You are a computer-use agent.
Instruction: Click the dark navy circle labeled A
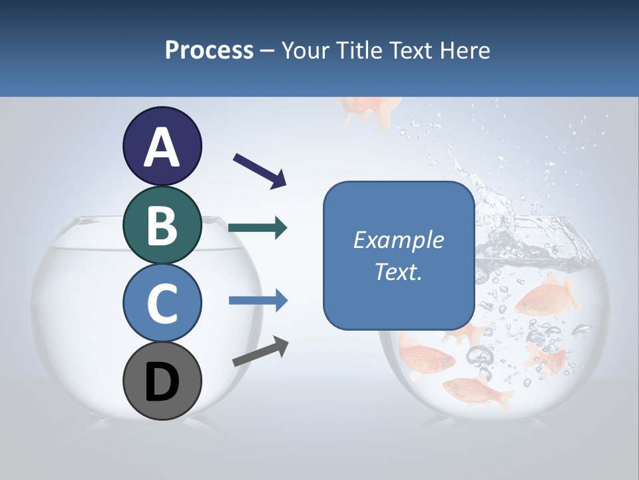[162, 146]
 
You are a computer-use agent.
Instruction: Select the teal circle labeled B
[162, 225]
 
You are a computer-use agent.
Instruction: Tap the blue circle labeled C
[162, 303]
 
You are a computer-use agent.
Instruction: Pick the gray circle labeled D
[162, 381]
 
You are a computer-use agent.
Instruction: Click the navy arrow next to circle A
[260, 171]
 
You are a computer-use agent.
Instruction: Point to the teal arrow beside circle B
[258, 229]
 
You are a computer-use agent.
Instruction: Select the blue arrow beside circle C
[258, 301]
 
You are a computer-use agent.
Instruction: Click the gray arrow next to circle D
[260, 351]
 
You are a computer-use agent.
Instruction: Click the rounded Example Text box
[398, 255]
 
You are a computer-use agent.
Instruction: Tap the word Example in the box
[398, 240]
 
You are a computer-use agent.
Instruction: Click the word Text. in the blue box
[398, 271]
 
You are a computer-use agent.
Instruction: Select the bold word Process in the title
[209, 50]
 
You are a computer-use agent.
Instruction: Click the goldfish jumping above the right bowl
[370, 110]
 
